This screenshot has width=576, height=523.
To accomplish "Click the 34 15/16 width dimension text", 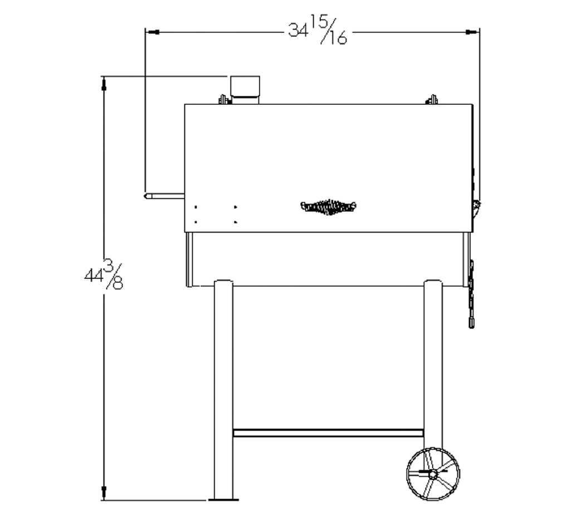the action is coord(318,30).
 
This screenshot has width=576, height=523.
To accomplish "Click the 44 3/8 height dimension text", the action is coord(104,275).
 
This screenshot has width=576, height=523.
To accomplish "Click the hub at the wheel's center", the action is coord(433,474).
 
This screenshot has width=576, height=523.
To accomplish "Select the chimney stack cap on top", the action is coord(245,86).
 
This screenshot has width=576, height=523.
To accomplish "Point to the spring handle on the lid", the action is coord(328,207).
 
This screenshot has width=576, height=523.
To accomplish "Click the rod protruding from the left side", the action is coord(164,196).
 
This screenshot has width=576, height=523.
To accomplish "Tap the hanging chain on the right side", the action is coord(471,294).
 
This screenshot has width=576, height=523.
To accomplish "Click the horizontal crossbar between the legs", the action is coord(328,433).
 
